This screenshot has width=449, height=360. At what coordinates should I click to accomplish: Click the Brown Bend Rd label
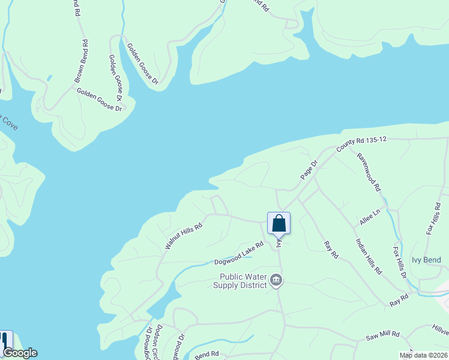81,62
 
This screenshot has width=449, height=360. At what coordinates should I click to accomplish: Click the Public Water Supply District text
243,281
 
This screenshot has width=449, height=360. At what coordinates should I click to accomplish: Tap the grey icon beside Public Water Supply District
276,280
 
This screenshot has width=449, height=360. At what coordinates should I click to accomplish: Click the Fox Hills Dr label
400,262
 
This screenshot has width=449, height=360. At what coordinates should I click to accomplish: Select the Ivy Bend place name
426,260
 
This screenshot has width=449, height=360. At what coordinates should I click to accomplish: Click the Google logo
19,353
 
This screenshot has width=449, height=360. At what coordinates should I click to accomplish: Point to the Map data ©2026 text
423,355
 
